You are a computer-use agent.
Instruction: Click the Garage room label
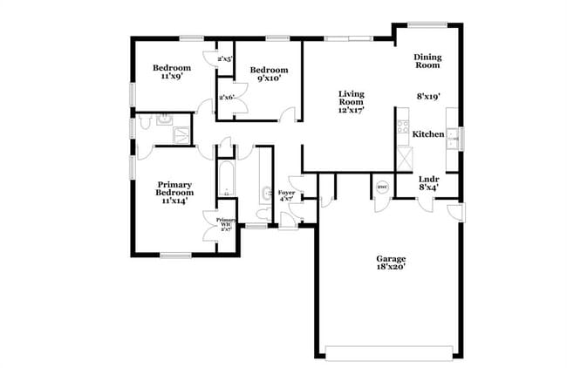pyautogui.click(x=391, y=259)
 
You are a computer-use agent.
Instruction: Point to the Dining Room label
pyautogui.click(x=427, y=61)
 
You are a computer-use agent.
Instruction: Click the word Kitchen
pyautogui.click(x=428, y=134)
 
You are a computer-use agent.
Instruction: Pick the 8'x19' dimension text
pyautogui.click(x=428, y=97)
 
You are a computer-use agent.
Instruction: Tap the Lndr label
pyautogui.click(x=428, y=179)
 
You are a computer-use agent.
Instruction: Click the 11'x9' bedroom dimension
pyautogui.click(x=171, y=77)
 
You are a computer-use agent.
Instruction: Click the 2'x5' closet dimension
pyautogui.click(x=225, y=59)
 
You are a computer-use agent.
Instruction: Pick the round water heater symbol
pyautogui.click(x=381, y=187)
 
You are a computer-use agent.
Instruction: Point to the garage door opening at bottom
pyautogui.click(x=391, y=351)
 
